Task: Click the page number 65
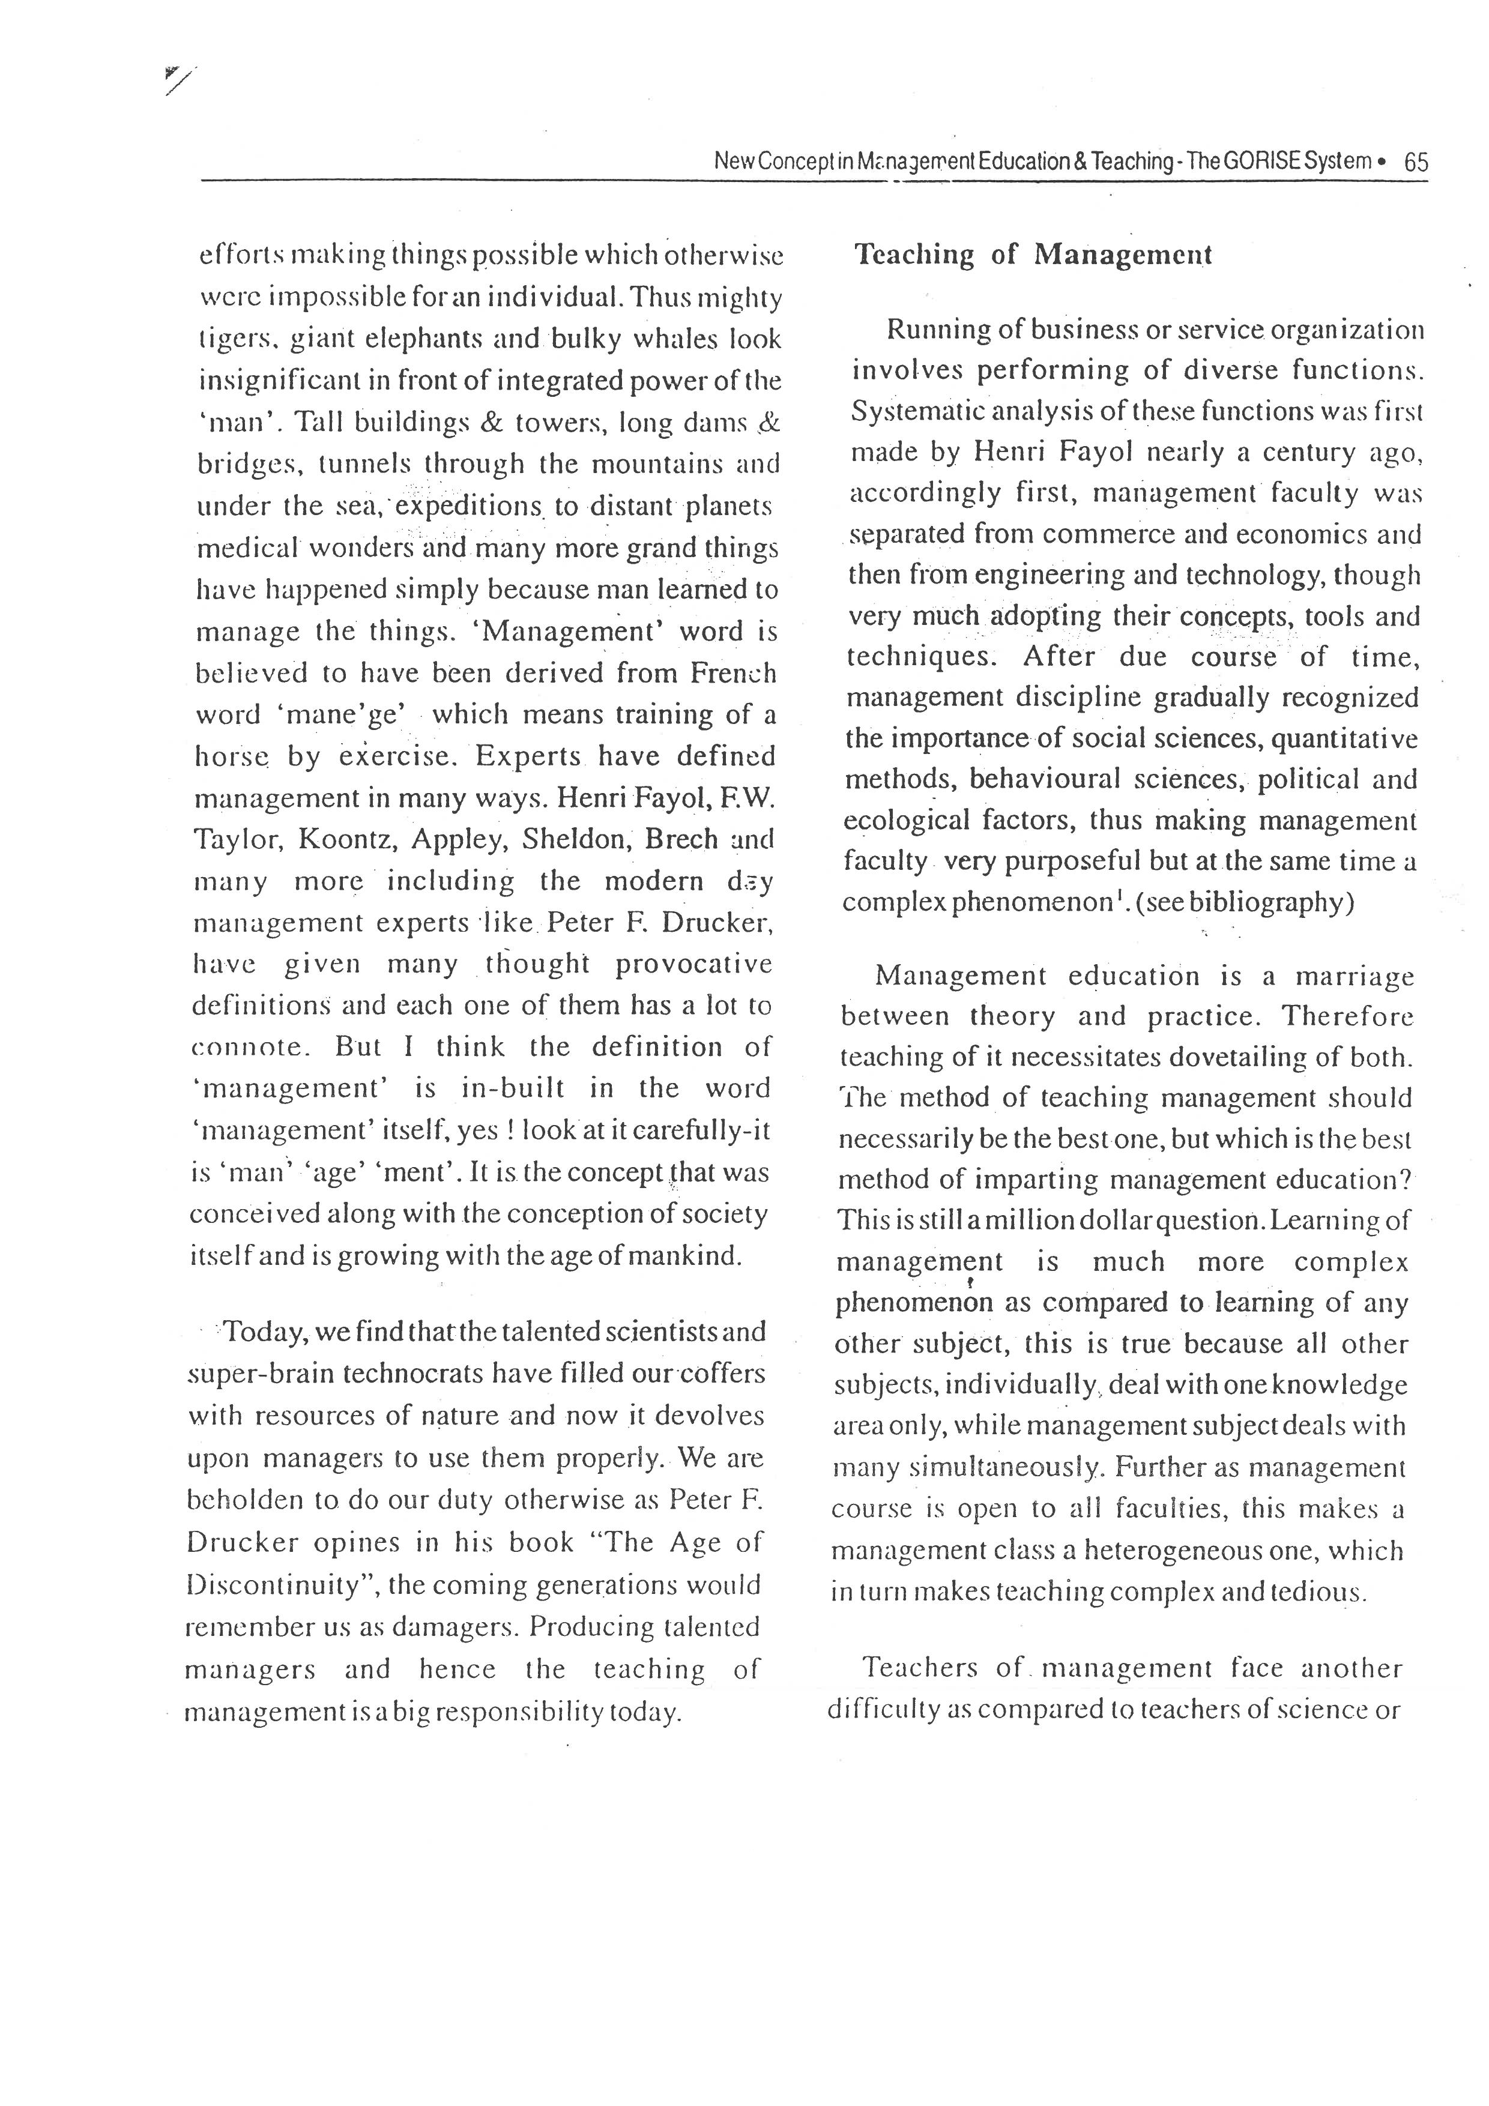tap(1416, 162)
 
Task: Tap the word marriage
tap(1354, 977)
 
